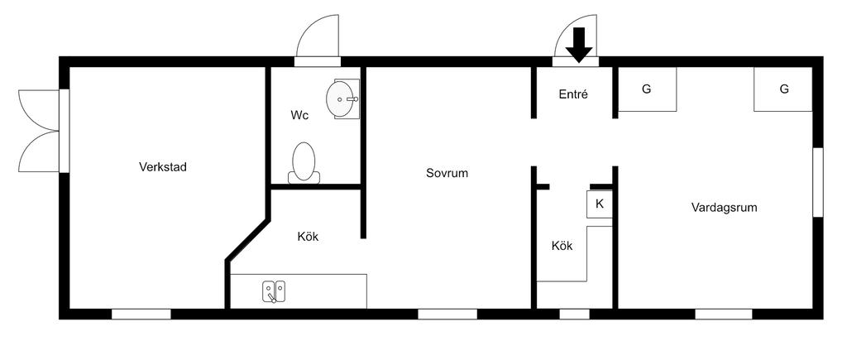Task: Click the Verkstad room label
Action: (x=163, y=167)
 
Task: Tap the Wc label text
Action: (x=299, y=115)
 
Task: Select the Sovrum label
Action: (x=447, y=173)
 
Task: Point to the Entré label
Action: (x=573, y=94)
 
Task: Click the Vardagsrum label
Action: (x=724, y=207)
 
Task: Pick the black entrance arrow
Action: (x=579, y=45)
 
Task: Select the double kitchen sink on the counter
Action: (x=275, y=291)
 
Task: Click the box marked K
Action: (x=600, y=204)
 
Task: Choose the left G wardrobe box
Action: (x=648, y=88)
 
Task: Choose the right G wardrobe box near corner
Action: (x=783, y=89)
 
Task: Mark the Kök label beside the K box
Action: (x=562, y=246)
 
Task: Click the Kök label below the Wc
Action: (x=308, y=237)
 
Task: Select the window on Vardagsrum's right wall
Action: (x=818, y=182)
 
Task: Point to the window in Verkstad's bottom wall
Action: (x=141, y=314)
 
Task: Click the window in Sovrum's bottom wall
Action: (x=447, y=314)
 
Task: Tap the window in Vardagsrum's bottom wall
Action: (x=724, y=314)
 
